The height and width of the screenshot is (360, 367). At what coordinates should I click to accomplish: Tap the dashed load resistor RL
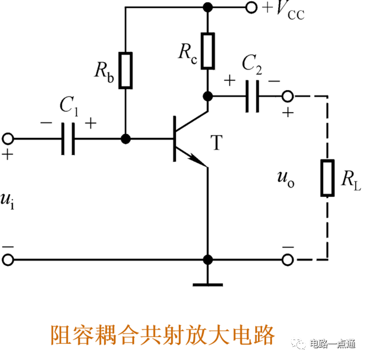pos(327,179)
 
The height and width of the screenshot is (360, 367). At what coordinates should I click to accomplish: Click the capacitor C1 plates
pos(68,139)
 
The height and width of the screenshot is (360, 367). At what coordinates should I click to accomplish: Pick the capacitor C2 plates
pos(251,95)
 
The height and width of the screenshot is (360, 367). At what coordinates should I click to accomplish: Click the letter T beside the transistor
pos(216,143)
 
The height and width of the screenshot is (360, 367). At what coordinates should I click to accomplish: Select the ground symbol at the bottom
pos(208,283)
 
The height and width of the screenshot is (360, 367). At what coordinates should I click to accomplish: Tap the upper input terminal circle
pos(8,139)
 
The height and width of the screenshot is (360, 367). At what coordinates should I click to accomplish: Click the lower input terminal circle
pos(8,260)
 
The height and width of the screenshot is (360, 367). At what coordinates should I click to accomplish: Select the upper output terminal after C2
pos(287,95)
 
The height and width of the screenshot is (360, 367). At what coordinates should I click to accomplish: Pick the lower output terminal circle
pos(287,260)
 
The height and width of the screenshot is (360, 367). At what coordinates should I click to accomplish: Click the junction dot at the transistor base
pos(126,139)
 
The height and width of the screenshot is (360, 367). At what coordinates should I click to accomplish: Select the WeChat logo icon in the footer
pos(298,343)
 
